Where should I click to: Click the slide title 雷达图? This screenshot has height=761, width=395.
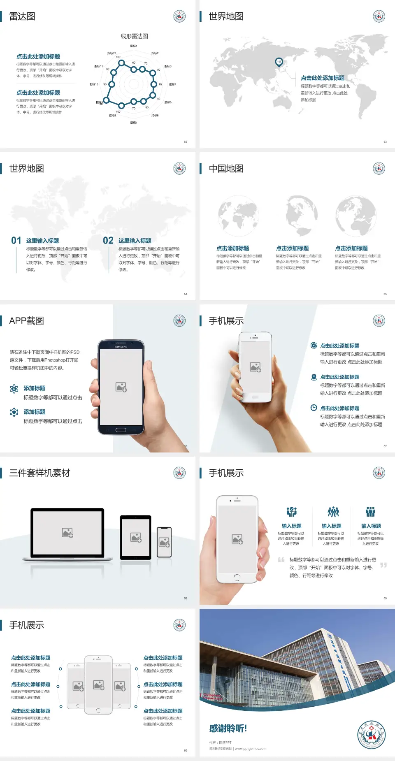coord(22,16)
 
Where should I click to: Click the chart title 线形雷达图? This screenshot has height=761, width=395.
coord(134,36)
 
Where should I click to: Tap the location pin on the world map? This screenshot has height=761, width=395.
coord(279,62)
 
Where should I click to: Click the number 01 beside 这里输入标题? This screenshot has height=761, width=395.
coord(16,240)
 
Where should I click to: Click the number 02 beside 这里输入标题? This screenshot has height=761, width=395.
coord(108,240)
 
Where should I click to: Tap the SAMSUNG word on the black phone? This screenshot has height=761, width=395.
coord(121,347)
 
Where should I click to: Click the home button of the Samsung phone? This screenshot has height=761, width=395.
coord(121,430)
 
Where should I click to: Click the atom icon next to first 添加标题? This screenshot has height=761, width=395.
coord(14,389)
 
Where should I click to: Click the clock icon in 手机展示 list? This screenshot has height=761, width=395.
coord(314,408)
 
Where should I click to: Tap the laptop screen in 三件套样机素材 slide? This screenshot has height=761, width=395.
coord(67,532)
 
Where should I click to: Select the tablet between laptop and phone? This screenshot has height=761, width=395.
coord(136,537)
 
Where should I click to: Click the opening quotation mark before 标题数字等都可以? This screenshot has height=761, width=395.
coord(281,559)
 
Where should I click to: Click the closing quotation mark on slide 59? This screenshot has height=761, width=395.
coord(383,565)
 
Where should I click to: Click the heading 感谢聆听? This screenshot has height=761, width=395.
coord(228,729)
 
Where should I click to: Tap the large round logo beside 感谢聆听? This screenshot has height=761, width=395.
coord(371,734)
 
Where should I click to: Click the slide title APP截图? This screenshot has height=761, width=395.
coord(27,321)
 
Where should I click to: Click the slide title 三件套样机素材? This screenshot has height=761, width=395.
coord(39,473)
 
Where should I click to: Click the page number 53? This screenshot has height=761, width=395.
coord(385,142)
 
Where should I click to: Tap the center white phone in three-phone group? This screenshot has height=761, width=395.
coord(98,684)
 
